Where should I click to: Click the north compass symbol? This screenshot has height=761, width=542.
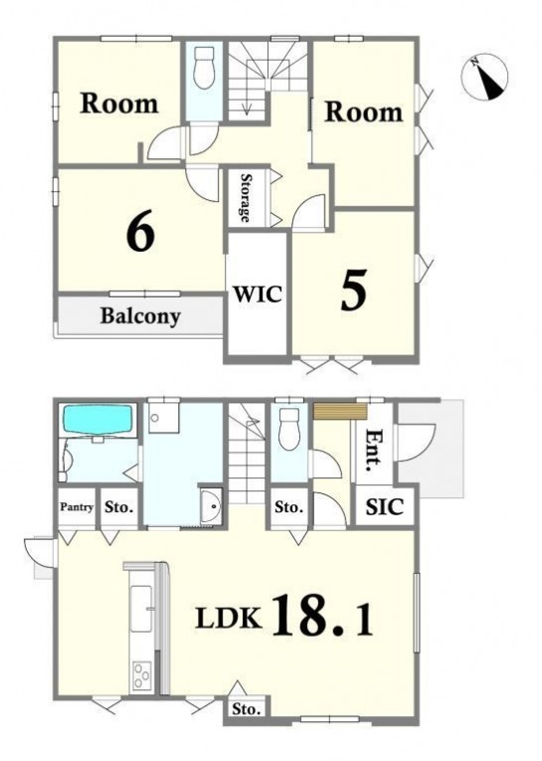click(x=483, y=78)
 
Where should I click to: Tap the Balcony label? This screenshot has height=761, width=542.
click(x=140, y=316)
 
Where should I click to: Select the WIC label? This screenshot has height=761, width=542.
click(x=257, y=294)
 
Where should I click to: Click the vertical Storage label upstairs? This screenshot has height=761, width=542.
click(x=246, y=198)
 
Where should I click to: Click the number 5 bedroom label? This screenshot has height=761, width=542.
click(x=353, y=289)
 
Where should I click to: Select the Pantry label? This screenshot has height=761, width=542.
click(x=77, y=507)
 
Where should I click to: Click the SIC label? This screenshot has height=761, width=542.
click(x=384, y=507)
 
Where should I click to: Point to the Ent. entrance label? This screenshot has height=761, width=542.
click(x=374, y=452)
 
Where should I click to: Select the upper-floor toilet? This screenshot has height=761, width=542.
click(x=204, y=68)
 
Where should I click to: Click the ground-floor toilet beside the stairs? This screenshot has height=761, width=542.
click(x=289, y=430)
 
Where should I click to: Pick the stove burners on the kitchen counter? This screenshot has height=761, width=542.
click(x=141, y=675)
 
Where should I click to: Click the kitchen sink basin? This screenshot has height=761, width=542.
click(x=140, y=608)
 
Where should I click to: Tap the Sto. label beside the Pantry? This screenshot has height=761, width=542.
click(x=119, y=507)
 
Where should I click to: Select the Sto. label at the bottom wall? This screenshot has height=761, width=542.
click(x=246, y=709)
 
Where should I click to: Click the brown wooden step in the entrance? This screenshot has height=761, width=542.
click(x=340, y=411)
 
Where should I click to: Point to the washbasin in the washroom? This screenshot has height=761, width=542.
click(x=211, y=506)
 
